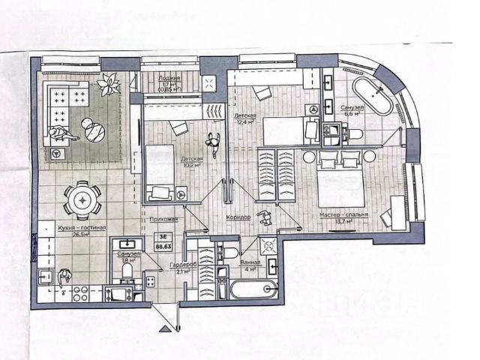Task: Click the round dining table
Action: (x=80, y=199)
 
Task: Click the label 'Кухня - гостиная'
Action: (x=82, y=227)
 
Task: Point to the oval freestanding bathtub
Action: (x=371, y=97)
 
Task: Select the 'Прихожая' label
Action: (x=164, y=219)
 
